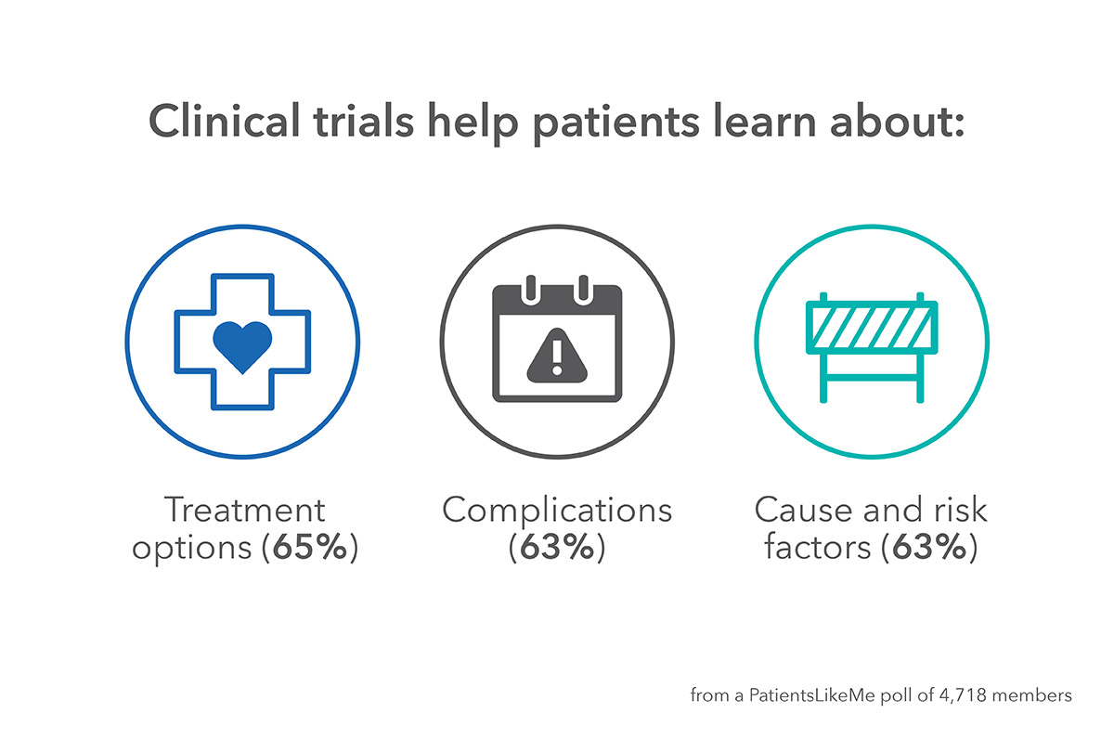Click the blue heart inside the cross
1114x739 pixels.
pos(242,346)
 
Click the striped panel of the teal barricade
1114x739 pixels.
pos(872,327)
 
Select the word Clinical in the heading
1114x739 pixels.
pos(224,121)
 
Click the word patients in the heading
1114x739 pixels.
pos(616,123)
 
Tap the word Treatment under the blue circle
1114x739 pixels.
pos(245,510)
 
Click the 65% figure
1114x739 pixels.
pos(310,547)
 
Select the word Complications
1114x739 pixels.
pos(557,512)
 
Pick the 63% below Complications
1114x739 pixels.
pos(557,547)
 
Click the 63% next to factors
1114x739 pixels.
pos(928,547)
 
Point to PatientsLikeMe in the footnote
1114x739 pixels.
pos(811,694)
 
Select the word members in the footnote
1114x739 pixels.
pos(1031,695)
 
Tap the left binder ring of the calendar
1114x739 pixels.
pos(531,289)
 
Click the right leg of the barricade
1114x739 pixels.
pos(920,378)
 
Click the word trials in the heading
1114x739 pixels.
pos(364,121)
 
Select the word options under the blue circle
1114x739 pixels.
pos(191,549)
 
